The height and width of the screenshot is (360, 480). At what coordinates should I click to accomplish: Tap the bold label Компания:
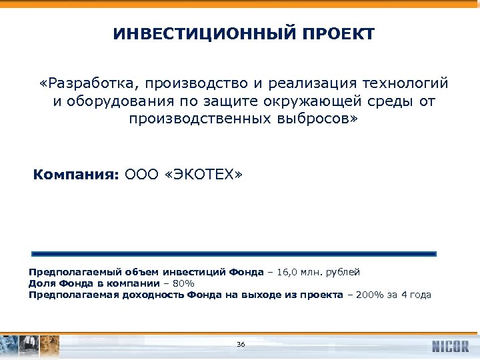tap(76, 175)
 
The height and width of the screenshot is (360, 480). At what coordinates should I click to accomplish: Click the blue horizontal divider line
tap(234, 254)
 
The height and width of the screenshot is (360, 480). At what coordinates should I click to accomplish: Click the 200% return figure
tap(371, 295)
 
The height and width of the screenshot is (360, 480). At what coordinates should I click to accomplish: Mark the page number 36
tap(241, 344)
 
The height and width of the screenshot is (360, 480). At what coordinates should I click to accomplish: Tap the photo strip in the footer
tap(30, 345)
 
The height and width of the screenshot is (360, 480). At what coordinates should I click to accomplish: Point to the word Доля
tap(40, 283)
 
